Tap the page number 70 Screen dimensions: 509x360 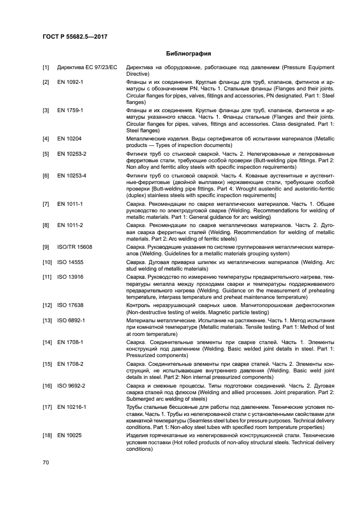click(x=46, y=462)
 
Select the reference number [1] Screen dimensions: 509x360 click(x=46, y=67)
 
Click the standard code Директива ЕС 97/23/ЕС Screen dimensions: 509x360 click(x=87, y=67)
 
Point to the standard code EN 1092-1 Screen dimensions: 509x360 click(x=70, y=82)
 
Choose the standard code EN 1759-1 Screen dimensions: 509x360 click(x=70, y=110)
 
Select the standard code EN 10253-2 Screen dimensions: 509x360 click(x=71, y=154)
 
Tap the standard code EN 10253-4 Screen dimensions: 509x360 click(x=71, y=175)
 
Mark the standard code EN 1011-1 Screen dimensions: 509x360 click(x=70, y=203)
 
